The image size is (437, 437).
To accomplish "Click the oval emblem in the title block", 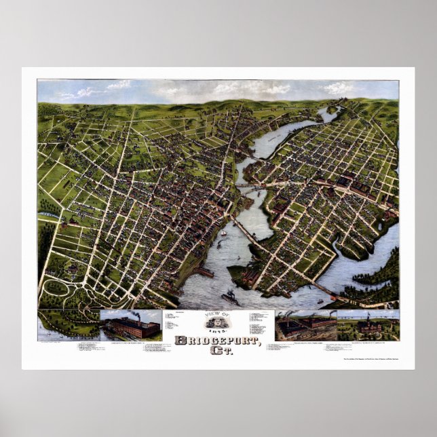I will pyautogui.click(x=218, y=321).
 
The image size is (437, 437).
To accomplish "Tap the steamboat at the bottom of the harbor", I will pyautogui.click(x=230, y=297).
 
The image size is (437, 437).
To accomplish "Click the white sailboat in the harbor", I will pyautogui.click(x=223, y=233).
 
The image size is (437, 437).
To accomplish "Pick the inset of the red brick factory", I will pyautogui.click(x=131, y=326).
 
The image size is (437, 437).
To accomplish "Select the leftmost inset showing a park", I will pyautogui.click(x=69, y=325).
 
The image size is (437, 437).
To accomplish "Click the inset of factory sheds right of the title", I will pyautogui.click(x=305, y=326).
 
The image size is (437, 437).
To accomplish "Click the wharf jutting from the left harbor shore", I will pyautogui.click(x=203, y=271).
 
